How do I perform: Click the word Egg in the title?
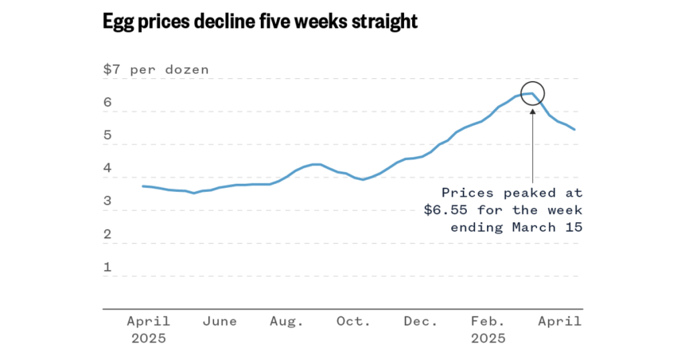pos(118,21)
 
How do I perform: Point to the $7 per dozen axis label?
pos(155,70)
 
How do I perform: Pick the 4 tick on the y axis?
pos(107,169)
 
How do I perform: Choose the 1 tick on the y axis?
pos(107,268)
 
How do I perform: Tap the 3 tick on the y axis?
pos(107,202)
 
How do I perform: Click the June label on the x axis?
pos(219,322)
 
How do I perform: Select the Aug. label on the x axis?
pos(286,322)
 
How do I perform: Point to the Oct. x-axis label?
pos(353,322)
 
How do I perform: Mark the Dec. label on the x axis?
pos(420,322)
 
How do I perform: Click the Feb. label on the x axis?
pos(488,322)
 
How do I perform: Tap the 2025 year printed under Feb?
pos(488,339)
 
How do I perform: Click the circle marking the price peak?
pos(532,94)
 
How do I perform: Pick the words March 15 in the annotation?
pos(547,228)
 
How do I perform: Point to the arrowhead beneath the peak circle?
pos(532,112)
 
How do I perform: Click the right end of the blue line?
pos(575,129)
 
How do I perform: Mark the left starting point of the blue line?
pos(142,186)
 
